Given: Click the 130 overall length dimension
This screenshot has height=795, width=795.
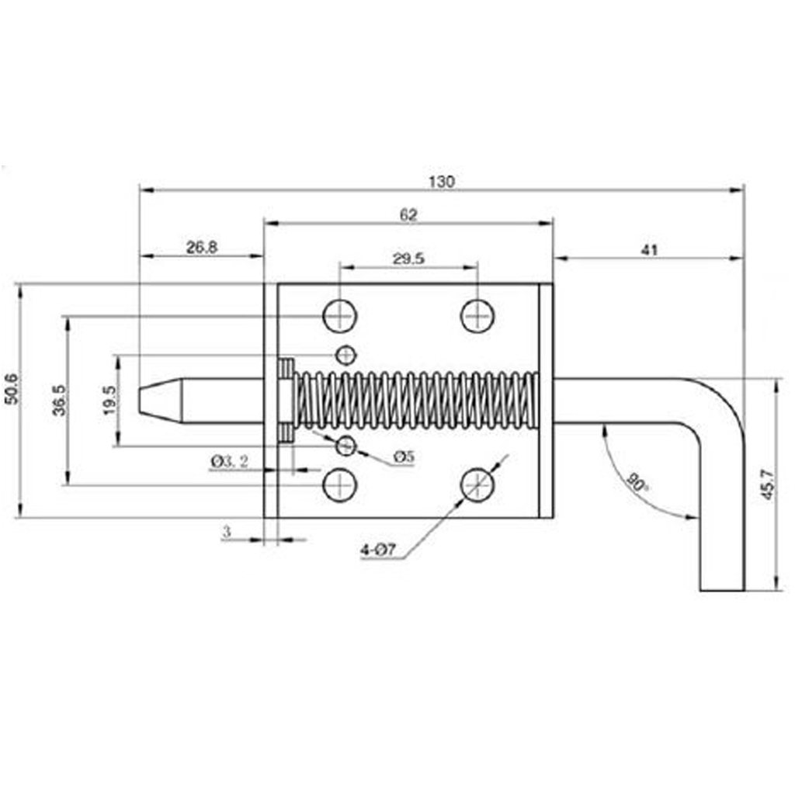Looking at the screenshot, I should point(440,182).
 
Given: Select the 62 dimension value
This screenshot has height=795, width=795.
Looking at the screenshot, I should point(408,215).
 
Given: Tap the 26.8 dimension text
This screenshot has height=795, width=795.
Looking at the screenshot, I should point(201,247).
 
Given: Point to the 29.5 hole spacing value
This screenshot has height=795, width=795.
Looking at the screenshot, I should point(408,259).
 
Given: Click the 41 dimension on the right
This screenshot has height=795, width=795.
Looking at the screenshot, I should point(649,249).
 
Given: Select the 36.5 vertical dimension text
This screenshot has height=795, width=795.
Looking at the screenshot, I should point(59,400).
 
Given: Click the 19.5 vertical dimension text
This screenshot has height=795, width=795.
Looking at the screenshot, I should point(109,401).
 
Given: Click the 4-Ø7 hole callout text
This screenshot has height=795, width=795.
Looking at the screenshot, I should point(378,550).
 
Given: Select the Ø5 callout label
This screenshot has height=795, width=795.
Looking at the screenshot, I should point(404,457).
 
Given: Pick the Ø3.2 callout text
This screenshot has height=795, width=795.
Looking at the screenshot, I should point(230,462).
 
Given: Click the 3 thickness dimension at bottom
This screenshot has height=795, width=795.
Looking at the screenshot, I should point(227,532).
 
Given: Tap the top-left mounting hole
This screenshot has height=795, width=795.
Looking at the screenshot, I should point(339,315).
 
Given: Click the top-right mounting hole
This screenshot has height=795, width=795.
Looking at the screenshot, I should point(477,315).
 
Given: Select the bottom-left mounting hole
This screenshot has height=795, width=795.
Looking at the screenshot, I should point(339,486).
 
